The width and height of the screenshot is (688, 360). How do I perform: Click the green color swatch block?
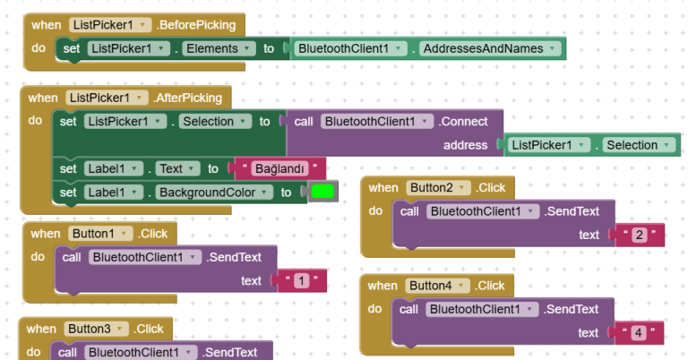[322, 192]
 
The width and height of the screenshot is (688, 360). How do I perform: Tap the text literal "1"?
[302, 281]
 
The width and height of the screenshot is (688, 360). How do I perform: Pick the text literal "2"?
[639, 236]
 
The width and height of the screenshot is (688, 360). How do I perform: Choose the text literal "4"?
[639, 333]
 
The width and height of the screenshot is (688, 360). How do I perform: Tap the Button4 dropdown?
[438, 286]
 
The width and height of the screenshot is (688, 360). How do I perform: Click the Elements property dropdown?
[217, 48]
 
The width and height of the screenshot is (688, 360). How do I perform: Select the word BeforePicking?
[195, 25]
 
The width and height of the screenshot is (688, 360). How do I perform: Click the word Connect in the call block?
[464, 121]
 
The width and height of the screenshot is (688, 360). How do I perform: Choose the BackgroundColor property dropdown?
[213, 192]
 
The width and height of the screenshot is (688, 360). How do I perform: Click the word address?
[465, 145]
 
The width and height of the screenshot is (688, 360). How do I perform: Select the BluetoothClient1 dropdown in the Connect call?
[375, 121]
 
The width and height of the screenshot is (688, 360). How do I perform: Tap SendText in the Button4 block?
[572, 309]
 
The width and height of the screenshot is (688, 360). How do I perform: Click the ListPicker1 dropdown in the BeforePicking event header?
[107, 25]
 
